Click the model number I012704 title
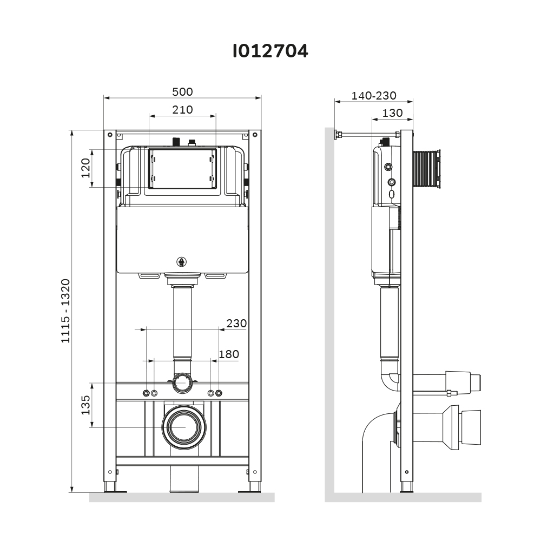click(x=270, y=51)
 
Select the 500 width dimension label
click(x=182, y=92)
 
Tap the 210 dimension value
click(x=182, y=110)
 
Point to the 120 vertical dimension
click(x=85, y=168)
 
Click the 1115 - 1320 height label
click(x=65, y=311)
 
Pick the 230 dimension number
click(x=236, y=324)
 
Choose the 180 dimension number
click(x=228, y=354)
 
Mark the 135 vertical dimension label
click(x=85, y=405)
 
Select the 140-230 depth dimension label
click(x=374, y=96)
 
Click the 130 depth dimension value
click(x=392, y=113)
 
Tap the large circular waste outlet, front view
click(x=184, y=426)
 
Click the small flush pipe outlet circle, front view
click(x=182, y=383)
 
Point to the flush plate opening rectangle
click(x=182, y=168)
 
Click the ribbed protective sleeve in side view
click(x=426, y=169)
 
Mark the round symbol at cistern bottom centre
click(x=182, y=262)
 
